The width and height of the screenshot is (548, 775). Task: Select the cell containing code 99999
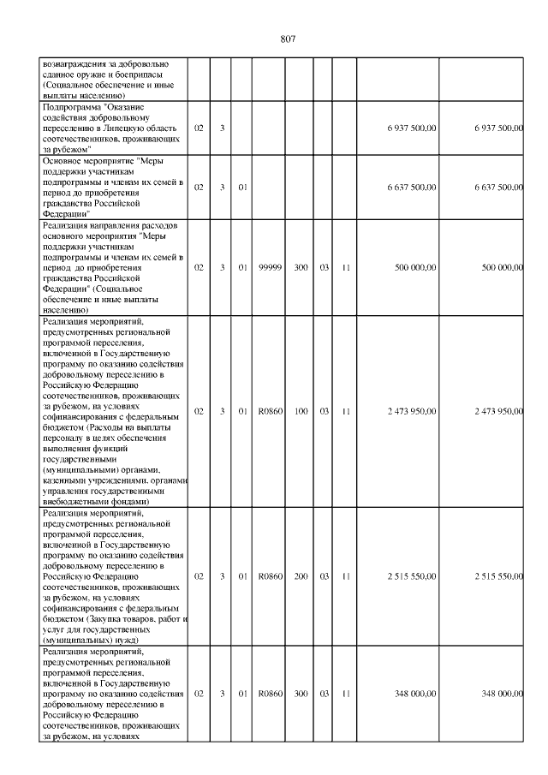(x=270, y=268)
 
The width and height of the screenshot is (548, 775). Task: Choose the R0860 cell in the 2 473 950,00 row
(x=270, y=411)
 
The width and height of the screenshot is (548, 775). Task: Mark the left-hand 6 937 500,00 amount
(x=412, y=128)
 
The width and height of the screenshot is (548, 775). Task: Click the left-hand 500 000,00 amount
(x=415, y=268)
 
